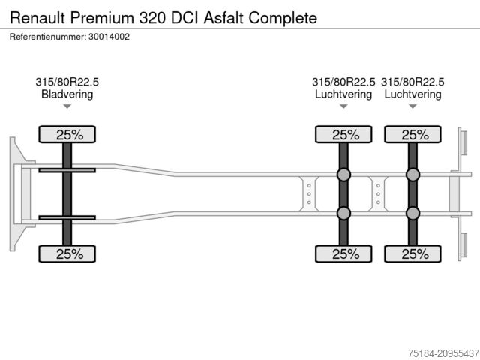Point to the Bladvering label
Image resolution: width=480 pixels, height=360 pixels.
pyautogui.click(x=67, y=94)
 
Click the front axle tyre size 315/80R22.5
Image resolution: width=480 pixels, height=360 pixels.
pyautogui.click(x=67, y=82)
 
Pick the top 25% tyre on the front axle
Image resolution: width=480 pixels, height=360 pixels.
pyautogui.click(x=67, y=135)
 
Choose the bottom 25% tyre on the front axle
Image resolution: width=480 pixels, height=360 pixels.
pyautogui.click(x=67, y=253)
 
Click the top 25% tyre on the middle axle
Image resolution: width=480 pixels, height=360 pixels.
pyautogui.click(x=343, y=135)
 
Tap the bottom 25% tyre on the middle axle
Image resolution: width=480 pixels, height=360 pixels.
pyautogui.click(x=343, y=253)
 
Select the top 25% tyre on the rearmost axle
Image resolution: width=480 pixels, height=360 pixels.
pyautogui.click(x=412, y=135)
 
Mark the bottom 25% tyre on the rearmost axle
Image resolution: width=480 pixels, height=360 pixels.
pyautogui.click(x=412, y=253)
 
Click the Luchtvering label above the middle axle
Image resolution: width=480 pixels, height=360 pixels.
pyautogui.click(x=343, y=94)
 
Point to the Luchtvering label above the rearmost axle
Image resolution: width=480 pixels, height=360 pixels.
pyautogui.click(x=412, y=94)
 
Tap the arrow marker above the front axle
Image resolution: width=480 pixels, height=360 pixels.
pyautogui.click(x=67, y=106)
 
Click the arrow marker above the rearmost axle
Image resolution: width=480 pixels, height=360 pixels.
pyautogui.click(x=412, y=106)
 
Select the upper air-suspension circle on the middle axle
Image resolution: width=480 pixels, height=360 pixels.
pyautogui.click(x=343, y=175)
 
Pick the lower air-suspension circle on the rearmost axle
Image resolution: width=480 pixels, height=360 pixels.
pyautogui.click(x=412, y=214)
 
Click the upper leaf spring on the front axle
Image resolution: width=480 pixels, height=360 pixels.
pyautogui.click(x=67, y=170)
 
